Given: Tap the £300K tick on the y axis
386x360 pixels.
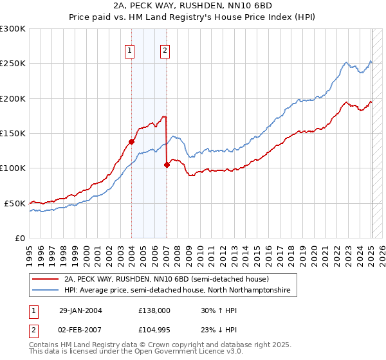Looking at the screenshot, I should (13, 29).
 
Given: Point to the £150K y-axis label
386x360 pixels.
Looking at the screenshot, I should (13, 133).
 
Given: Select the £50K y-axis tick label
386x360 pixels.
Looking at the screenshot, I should (15, 203).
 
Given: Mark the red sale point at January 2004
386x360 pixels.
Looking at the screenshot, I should (131, 141).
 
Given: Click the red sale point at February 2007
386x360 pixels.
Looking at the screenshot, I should (167, 165).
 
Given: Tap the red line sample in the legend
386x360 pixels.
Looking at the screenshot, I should (47, 279).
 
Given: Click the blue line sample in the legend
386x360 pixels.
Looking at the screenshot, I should (47, 291).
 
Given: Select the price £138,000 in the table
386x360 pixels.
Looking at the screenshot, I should (154, 310).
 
